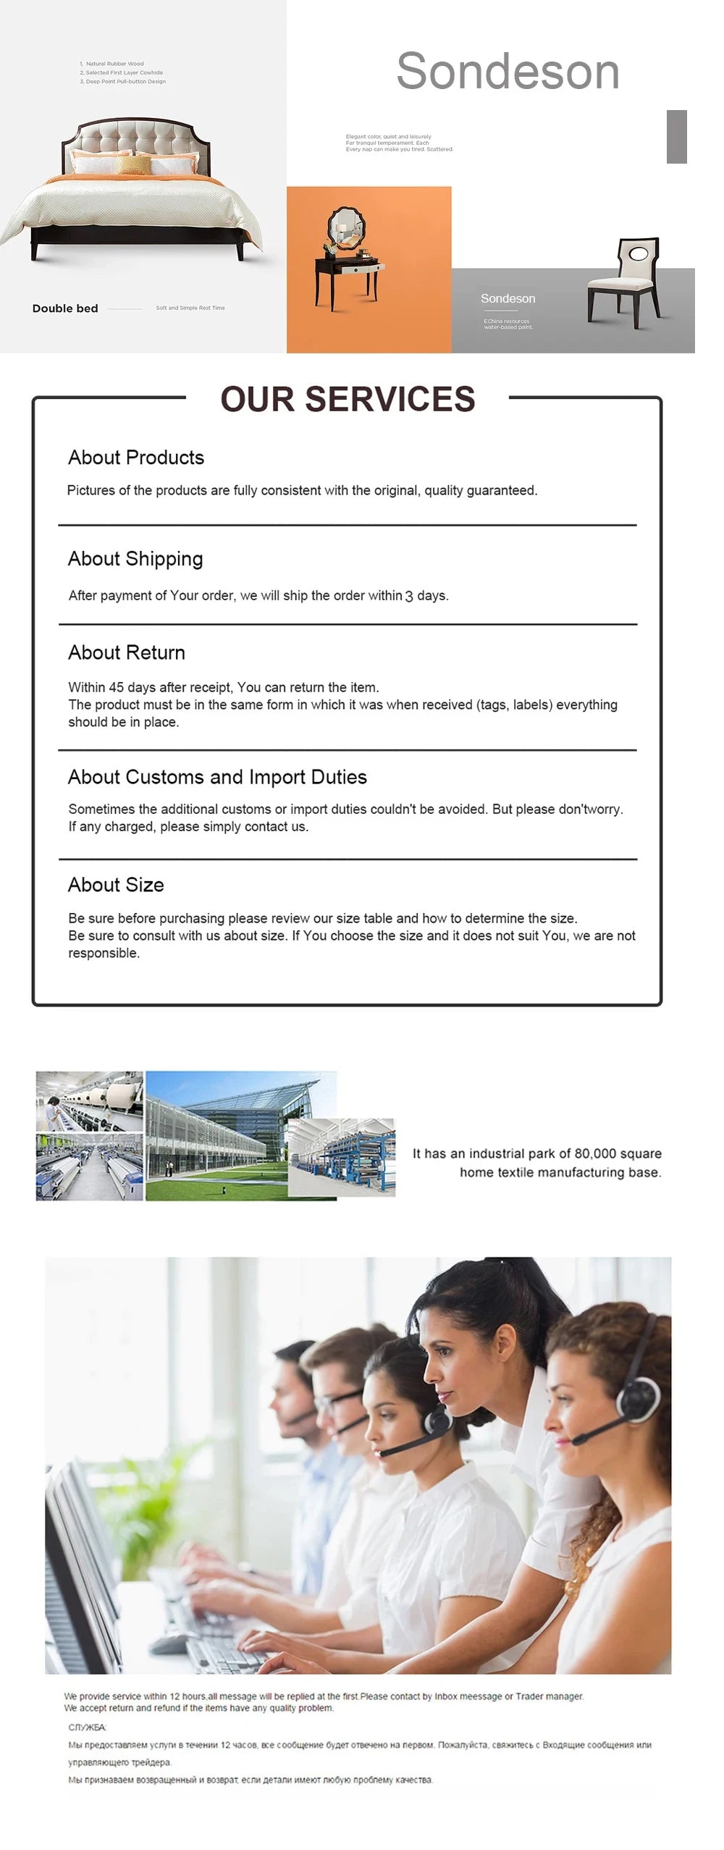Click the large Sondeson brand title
(x=508, y=72)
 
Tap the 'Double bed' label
(x=65, y=308)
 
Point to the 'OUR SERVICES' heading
(x=348, y=399)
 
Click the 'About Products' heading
(x=136, y=458)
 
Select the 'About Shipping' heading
(x=135, y=559)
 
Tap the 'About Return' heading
(x=127, y=652)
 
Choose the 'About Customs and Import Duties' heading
(x=217, y=777)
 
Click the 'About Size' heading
(x=116, y=885)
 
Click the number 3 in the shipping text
(x=409, y=596)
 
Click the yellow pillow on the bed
(x=135, y=165)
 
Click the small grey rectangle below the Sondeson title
(x=676, y=137)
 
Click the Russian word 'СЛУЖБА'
(x=87, y=1727)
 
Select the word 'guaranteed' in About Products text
(x=501, y=490)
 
